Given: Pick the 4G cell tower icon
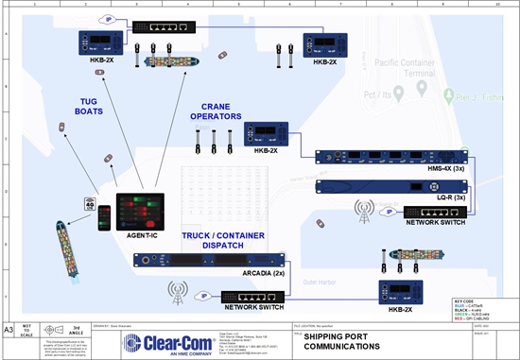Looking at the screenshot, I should (91, 204).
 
